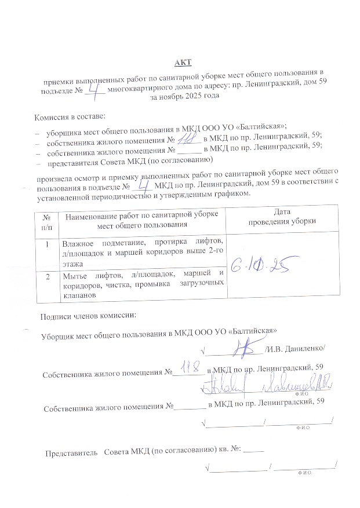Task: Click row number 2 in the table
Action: (x=46, y=276)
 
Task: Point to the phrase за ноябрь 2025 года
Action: (x=184, y=94)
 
